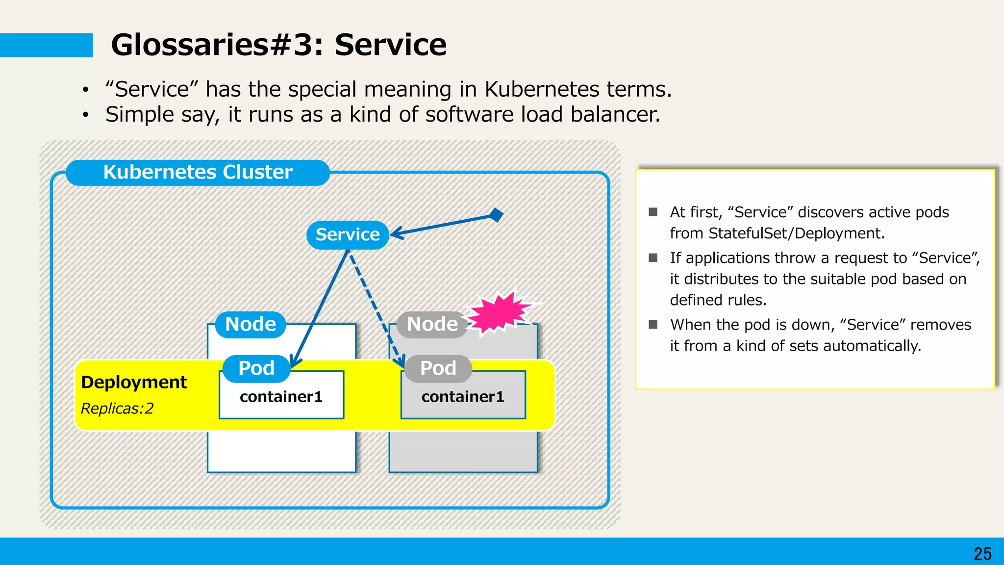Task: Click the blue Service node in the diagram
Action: coord(348,235)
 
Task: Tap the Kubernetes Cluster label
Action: coord(198,172)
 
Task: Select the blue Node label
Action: coord(251,324)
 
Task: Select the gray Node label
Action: coord(432,324)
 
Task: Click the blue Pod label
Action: coord(256,368)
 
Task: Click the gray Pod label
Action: coord(438,368)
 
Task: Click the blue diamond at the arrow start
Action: coord(497,215)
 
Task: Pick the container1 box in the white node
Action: coord(281,396)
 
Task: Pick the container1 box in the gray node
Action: coord(463,396)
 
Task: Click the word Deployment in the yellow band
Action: coord(134,382)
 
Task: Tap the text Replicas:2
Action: coord(117,408)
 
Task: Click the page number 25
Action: coord(982,554)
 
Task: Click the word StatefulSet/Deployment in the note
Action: coord(797,233)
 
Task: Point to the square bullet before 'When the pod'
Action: coord(653,324)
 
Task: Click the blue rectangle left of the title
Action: coord(46,45)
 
